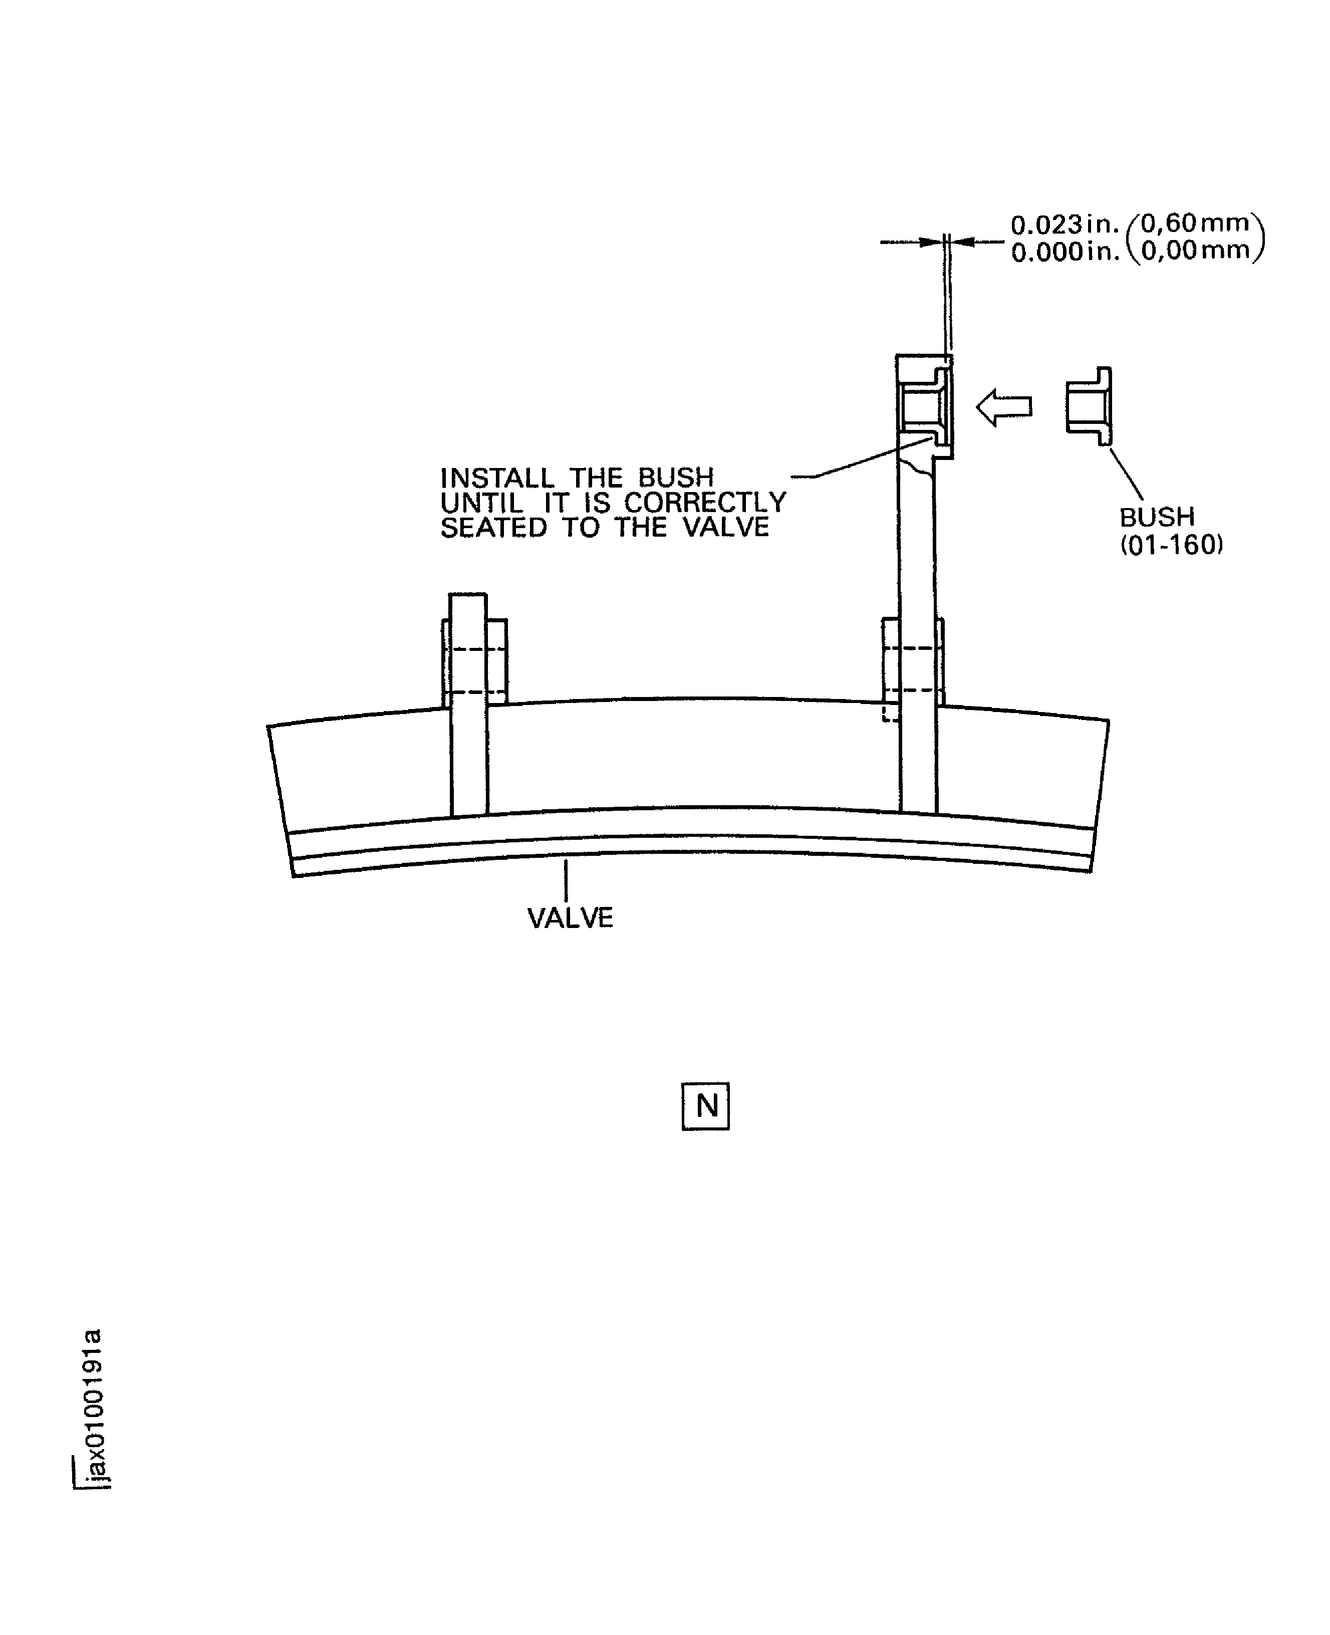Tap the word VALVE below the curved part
(x=570, y=918)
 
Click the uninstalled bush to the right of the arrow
(x=1089, y=405)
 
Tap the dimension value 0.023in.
(x=1064, y=225)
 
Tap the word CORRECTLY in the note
(x=705, y=503)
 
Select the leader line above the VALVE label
(x=566, y=880)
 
